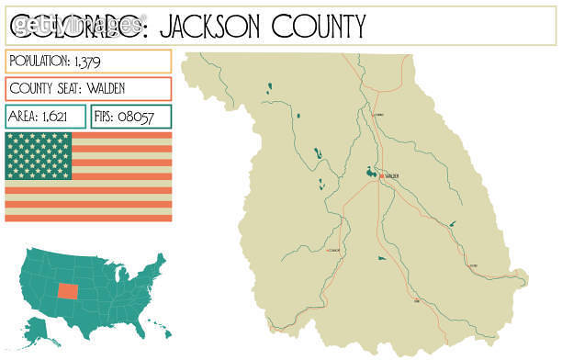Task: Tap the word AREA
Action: [23, 117]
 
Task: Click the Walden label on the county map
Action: [393, 175]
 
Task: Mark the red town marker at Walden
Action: [381, 175]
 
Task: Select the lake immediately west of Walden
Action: [370, 172]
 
